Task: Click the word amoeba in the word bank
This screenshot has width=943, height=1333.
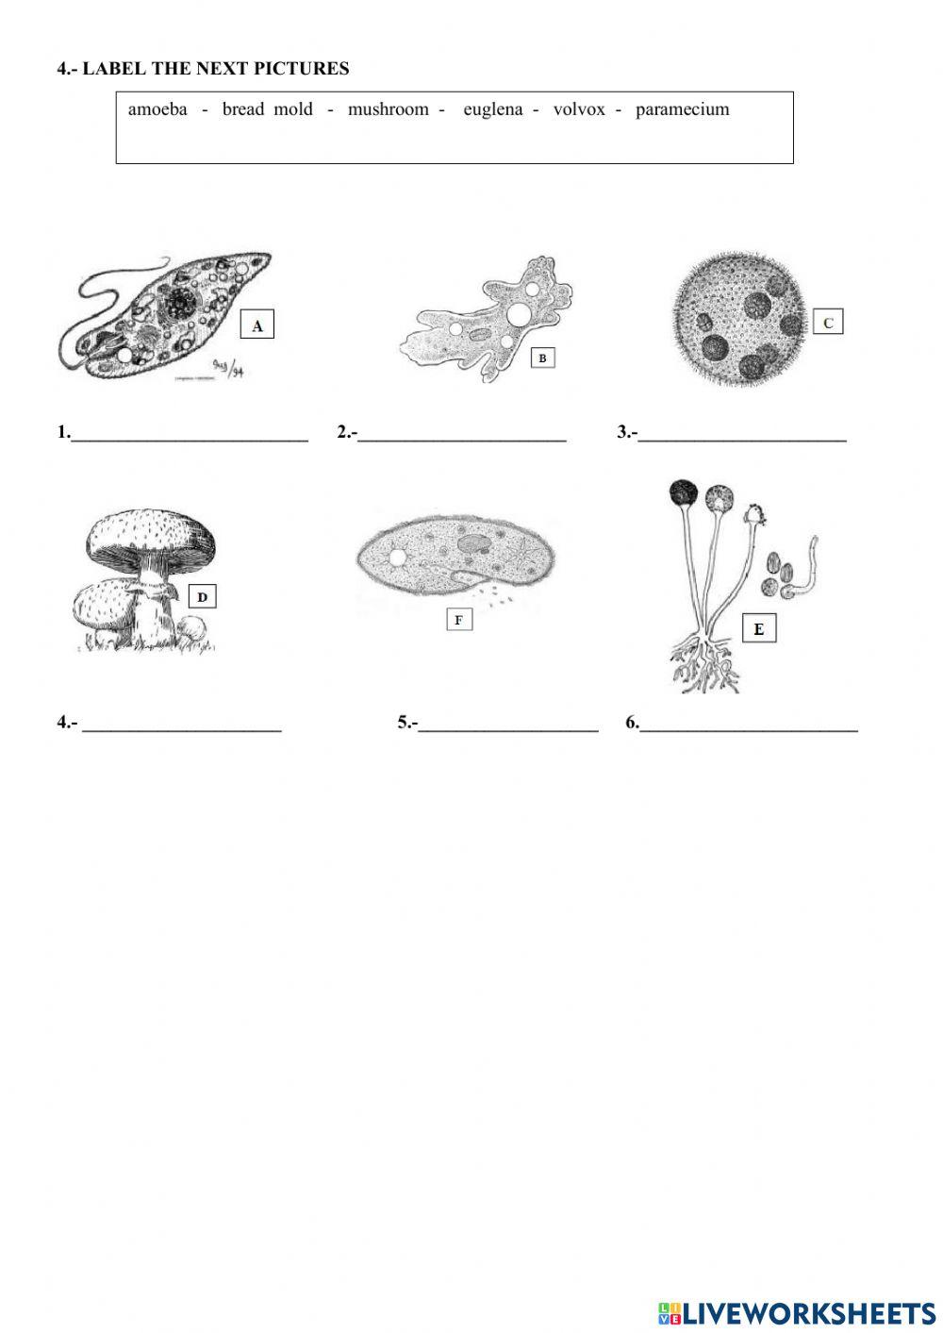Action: [157, 109]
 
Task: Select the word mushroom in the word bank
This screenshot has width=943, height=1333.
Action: [388, 109]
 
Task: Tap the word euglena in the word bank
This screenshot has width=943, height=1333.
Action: [492, 109]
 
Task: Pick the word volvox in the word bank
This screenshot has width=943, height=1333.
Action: [579, 109]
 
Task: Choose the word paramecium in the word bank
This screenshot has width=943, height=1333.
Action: [682, 109]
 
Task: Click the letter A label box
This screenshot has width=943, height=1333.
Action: [256, 325]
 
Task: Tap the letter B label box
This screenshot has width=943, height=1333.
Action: [542, 358]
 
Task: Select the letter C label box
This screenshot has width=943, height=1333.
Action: [827, 323]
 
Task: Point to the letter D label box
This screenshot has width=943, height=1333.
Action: [202, 596]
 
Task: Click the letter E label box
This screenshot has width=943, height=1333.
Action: [759, 629]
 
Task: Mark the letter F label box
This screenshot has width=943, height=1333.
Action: [458, 620]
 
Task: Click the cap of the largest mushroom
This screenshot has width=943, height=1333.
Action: [151, 538]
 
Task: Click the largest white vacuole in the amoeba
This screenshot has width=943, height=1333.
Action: [520, 314]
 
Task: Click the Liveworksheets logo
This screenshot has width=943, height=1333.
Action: [797, 1312]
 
